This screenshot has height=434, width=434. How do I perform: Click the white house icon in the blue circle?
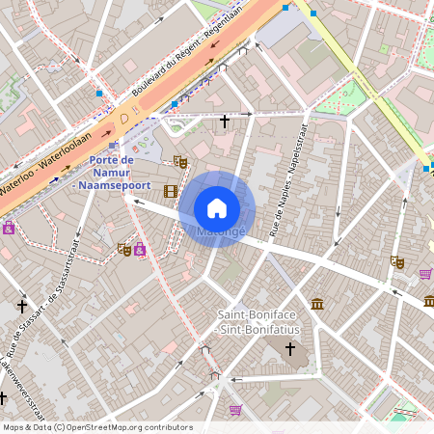217,207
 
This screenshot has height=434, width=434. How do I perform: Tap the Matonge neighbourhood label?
222,232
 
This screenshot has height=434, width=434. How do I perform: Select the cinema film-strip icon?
171,191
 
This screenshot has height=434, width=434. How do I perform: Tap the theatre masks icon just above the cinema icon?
179,161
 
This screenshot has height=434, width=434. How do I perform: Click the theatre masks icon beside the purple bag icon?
123,248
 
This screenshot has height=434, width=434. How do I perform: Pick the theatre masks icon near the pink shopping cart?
397,260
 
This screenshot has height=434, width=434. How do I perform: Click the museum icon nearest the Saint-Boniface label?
317,305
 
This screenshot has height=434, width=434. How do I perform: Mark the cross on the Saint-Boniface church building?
290,348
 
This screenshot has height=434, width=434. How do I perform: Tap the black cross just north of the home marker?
226,122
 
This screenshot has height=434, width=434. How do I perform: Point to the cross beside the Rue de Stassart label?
22,306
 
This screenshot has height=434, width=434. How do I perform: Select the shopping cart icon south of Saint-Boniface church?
235,409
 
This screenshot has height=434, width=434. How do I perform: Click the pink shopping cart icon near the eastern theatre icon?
425,274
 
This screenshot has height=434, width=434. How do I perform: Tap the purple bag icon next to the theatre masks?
140,251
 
